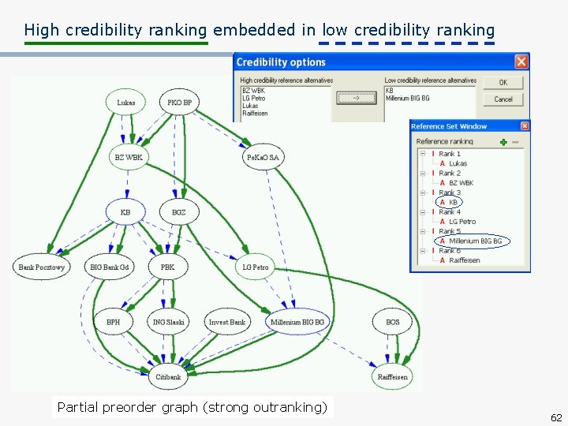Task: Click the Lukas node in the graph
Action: coord(126,103)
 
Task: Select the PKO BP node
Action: coord(180,103)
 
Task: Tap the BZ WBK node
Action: coord(129,157)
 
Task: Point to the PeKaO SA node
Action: coord(263,157)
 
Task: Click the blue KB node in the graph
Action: coord(125,211)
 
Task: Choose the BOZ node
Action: coord(179,211)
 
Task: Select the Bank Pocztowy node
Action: coord(41,267)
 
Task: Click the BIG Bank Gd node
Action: coord(109,267)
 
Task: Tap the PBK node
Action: coord(168,267)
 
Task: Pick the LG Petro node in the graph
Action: coord(256,267)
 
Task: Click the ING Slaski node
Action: coord(169,322)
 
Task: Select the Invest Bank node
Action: coord(227,322)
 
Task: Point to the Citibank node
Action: coord(168,376)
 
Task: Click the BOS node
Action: coord(393,322)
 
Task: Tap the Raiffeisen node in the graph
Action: coord(393,376)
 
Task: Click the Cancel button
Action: coord(503,99)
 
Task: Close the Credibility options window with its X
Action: coord(521,62)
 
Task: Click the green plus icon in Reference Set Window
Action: coord(503,142)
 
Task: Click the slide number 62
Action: coord(556,417)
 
